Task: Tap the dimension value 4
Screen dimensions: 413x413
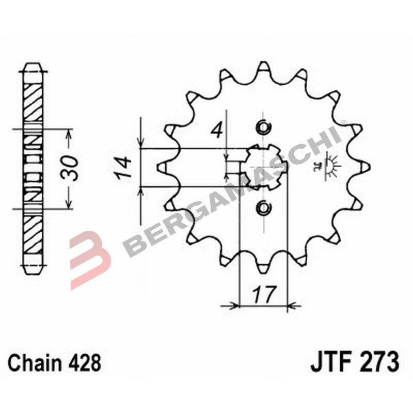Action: pos(218,129)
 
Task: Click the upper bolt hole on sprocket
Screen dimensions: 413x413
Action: pos(263,127)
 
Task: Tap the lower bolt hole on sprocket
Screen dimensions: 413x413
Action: pos(263,208)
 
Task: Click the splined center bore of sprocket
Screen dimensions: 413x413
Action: pos(263,167)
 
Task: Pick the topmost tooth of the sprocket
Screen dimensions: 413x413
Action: pos(263,67)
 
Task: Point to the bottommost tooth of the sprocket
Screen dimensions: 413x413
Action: pos(263,267)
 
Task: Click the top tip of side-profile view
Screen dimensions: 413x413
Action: pos(33,65)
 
